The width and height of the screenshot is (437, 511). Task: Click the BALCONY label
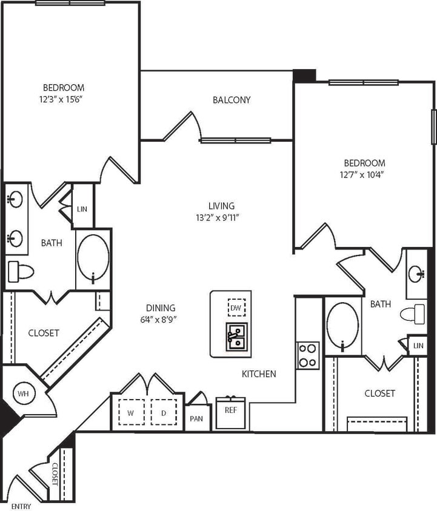[x=232, y=100]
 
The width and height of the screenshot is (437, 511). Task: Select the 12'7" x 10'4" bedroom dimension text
[x=364, y=174]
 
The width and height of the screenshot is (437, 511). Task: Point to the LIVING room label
[x=221, y=206]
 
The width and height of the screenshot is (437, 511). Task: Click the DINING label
[x=160, y=308]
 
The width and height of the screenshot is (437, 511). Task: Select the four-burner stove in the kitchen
[x=308, y=355]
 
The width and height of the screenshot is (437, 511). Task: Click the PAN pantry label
[x=196, y=418]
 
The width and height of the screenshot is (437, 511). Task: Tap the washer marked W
[x=131, y=413]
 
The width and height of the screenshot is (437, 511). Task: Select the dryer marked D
[x=162, y=413]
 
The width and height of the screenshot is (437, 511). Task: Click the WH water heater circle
[x=24, y=394]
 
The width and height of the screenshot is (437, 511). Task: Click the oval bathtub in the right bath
[x=343, y=326]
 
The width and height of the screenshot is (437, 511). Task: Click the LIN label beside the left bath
[x=82, y=209]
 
